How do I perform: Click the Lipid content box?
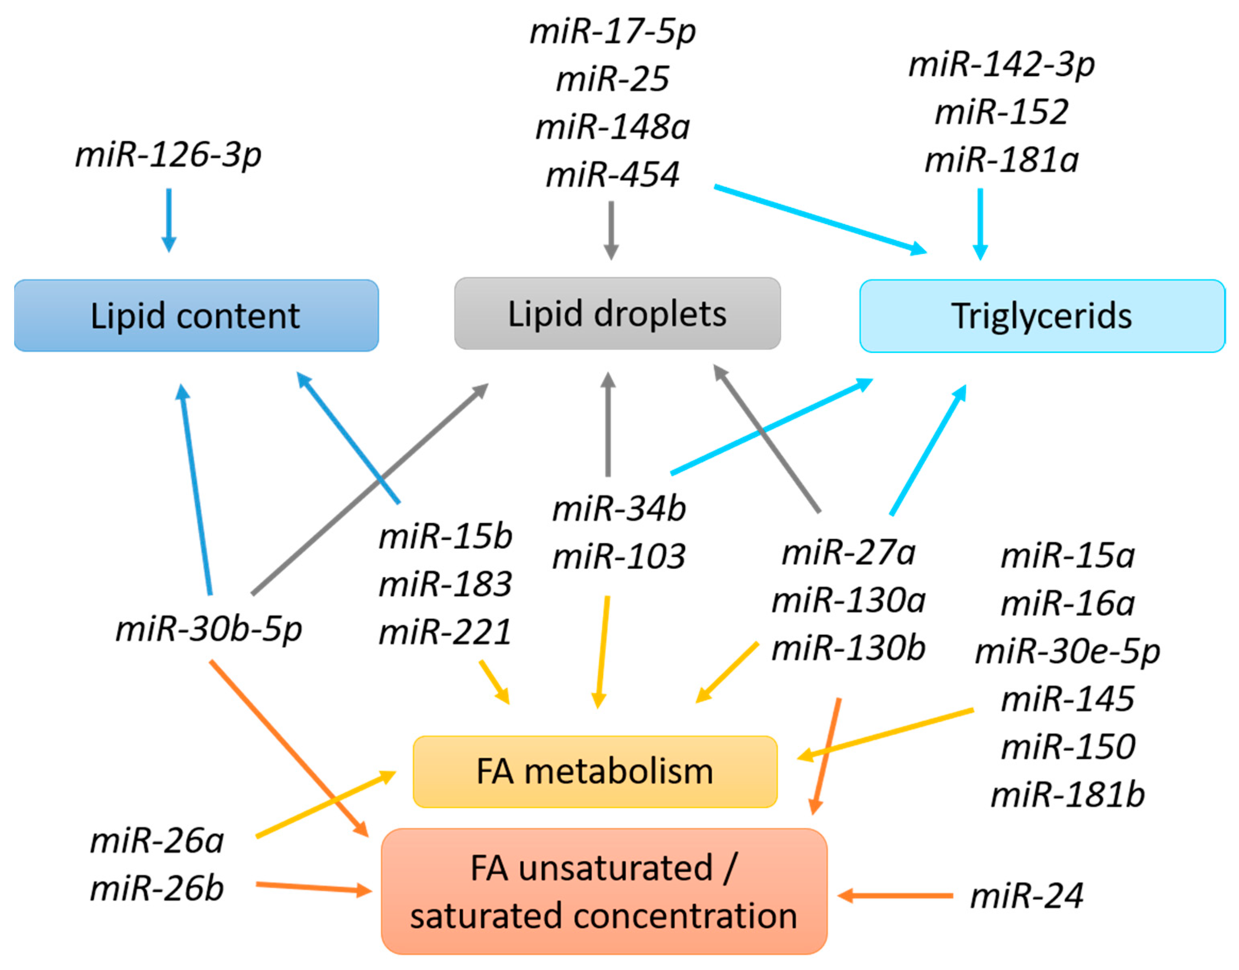(196, 316)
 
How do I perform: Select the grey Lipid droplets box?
(617, 313)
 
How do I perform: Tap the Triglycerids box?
(1041, 316)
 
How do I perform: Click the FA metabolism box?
(595, 772)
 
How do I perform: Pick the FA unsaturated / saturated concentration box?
(603, 892)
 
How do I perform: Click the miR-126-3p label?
(168, 154)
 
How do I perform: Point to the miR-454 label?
(612, 174)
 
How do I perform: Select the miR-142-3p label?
(1001, 64)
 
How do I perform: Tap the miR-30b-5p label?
(208, 629)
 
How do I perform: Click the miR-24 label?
(1027, 896)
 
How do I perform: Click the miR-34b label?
(619, 508)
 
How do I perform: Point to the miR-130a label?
(848, 600)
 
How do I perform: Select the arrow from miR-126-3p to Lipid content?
(169, 220)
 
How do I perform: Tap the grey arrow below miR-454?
(611, 230)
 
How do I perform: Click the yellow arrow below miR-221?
(494, 682)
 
